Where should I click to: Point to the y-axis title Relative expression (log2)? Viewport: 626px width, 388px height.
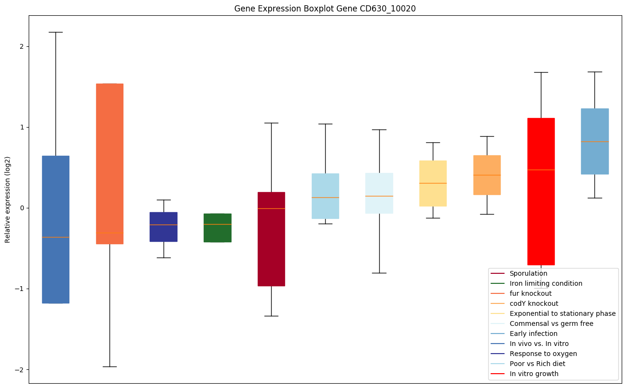(8, 199)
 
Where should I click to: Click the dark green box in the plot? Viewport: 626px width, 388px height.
(218, 228)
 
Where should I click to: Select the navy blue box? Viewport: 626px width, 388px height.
(164, 227)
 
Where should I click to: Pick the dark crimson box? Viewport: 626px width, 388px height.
(271, 239)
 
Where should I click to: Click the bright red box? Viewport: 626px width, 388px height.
(541, 191)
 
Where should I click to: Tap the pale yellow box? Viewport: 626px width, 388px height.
(433, 183)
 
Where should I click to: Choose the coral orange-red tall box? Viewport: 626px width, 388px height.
(110, 164)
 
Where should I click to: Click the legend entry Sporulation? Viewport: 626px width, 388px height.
(528, 274)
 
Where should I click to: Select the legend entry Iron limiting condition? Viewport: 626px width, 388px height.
(546, 284)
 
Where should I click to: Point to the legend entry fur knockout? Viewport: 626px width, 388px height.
(530, 294)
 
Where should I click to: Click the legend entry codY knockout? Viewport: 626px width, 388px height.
(534, 304)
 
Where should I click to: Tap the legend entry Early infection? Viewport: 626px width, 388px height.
(533, 334)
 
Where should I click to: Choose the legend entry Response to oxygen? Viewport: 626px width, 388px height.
(543, 354)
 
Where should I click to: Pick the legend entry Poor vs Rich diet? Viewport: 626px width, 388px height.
(537, 364)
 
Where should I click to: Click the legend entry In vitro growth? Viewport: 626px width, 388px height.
(534, 374)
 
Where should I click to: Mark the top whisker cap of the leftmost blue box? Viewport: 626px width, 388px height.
(55, 32)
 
